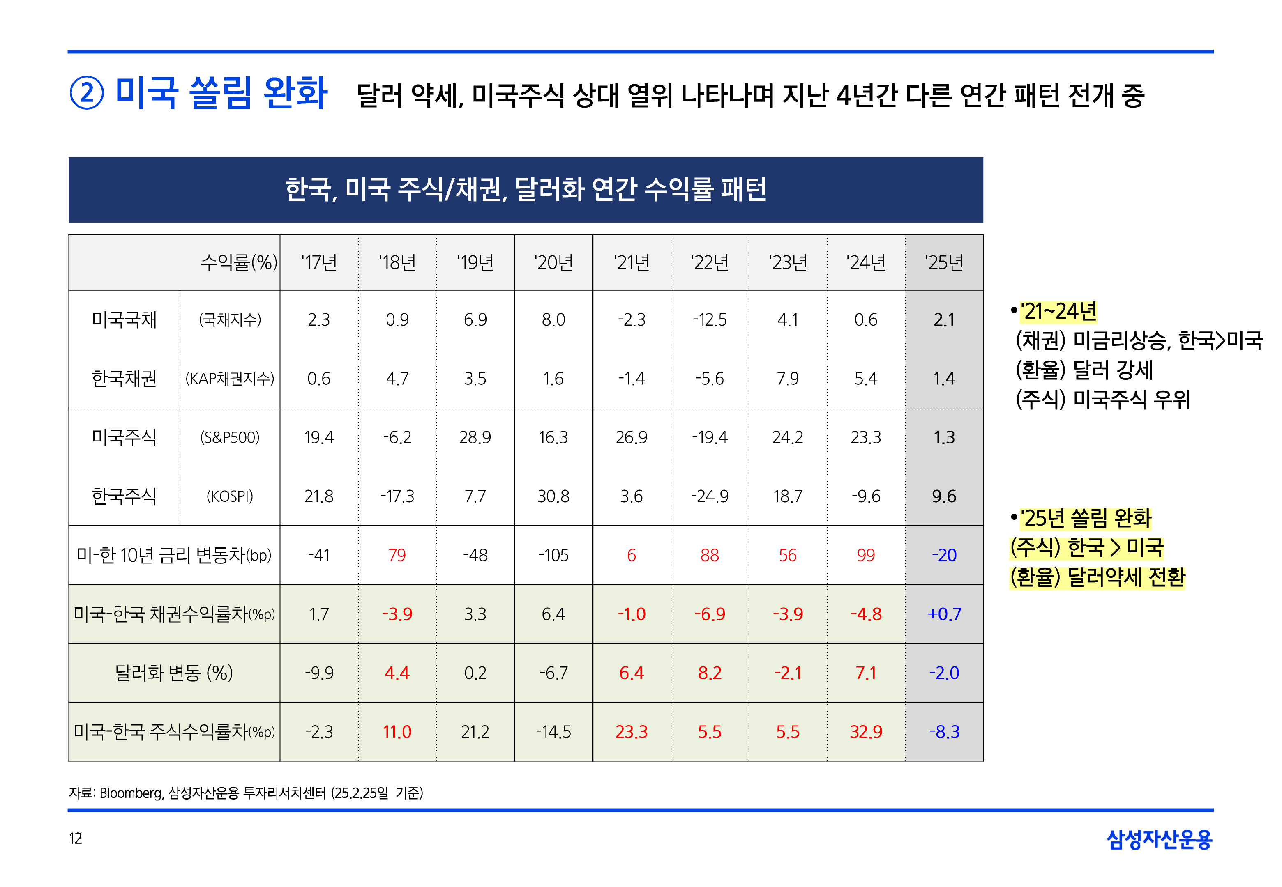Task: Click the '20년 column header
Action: pos(553,262)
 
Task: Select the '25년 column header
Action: pos(943,262)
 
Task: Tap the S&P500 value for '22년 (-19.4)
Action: pos(709,437)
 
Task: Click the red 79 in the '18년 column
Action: pos(397,555)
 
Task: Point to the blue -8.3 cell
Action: pos(944,731)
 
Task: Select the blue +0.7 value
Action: pos(944,614)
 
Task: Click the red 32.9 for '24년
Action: pos(866,731)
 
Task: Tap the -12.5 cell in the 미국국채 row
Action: pos(709,319)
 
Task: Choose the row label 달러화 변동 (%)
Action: pos(173,673)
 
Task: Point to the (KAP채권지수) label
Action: pos(230,379)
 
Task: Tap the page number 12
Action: pos(76,838)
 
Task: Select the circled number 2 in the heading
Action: pos(87,93)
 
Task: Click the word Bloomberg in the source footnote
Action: pos(131,793)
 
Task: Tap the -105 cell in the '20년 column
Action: pos(553,555)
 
